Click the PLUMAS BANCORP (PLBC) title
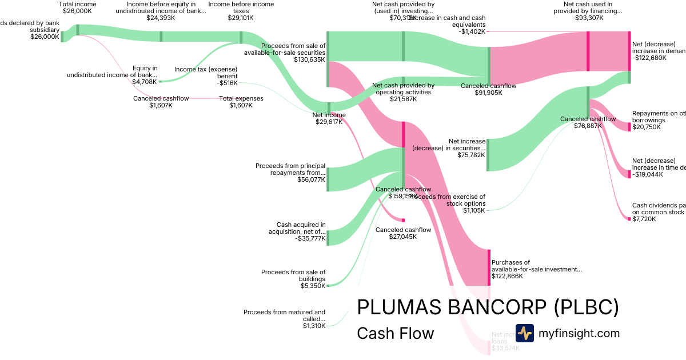pos(488,307)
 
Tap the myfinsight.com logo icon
pos(524,333)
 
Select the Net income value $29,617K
pos(329,122)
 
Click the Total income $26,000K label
pos(78,7)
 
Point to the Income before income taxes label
pos(241,7)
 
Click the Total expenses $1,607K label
pos(241,102)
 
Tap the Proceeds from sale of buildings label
pos(293,275)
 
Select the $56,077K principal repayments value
pos(311,179)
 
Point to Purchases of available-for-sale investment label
pos(536,266)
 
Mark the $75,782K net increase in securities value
pos(471,155)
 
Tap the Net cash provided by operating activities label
pos(403,89)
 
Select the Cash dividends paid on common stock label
pos(658,209)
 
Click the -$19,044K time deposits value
pos(647,174)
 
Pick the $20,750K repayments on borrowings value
pos(646,127)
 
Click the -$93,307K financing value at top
pos(588,18)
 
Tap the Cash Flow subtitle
pos(395,333)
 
